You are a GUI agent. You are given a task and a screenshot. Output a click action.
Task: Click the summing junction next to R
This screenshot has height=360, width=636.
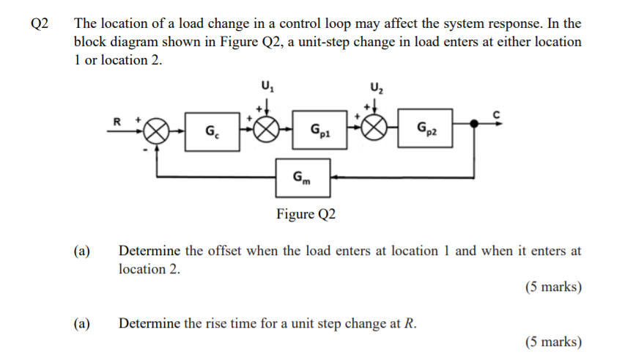point(158,133)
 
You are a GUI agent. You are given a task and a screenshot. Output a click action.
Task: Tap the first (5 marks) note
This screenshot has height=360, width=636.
point(553,287)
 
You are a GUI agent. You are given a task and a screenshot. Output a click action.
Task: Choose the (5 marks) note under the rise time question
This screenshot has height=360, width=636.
point(553,341)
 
